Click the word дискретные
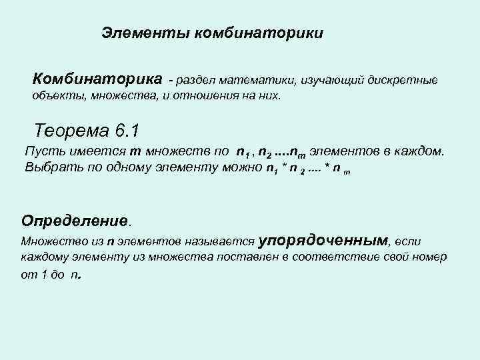(403, 81)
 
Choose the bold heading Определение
(74, 220)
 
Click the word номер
(429, 257)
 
